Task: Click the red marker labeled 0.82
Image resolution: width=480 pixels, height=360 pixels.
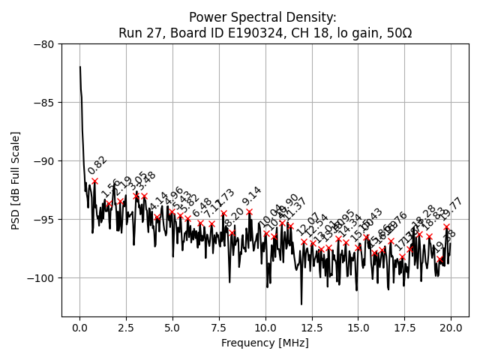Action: [x=94, y=181]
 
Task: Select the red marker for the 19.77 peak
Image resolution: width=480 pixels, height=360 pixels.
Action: [x=446, y=226]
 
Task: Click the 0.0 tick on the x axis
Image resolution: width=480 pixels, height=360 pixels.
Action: [x=79, y=328]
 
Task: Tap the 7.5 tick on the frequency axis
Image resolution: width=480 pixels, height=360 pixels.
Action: [x=219, y=328]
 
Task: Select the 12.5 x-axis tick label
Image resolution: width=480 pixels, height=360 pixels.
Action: [x=312, y=328]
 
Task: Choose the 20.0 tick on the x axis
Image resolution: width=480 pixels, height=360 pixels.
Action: [x=451, y=328]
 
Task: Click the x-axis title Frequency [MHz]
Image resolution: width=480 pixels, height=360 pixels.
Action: [x=265, y=343]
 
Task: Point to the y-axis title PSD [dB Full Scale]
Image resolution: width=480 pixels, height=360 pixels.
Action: [x=16, y=180]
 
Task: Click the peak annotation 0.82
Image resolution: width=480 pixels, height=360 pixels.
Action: [x=97, y=166]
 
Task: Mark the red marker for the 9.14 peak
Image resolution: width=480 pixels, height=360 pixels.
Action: [x=249, y=211]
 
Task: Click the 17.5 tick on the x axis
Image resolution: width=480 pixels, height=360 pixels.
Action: [x=404, y=328]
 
